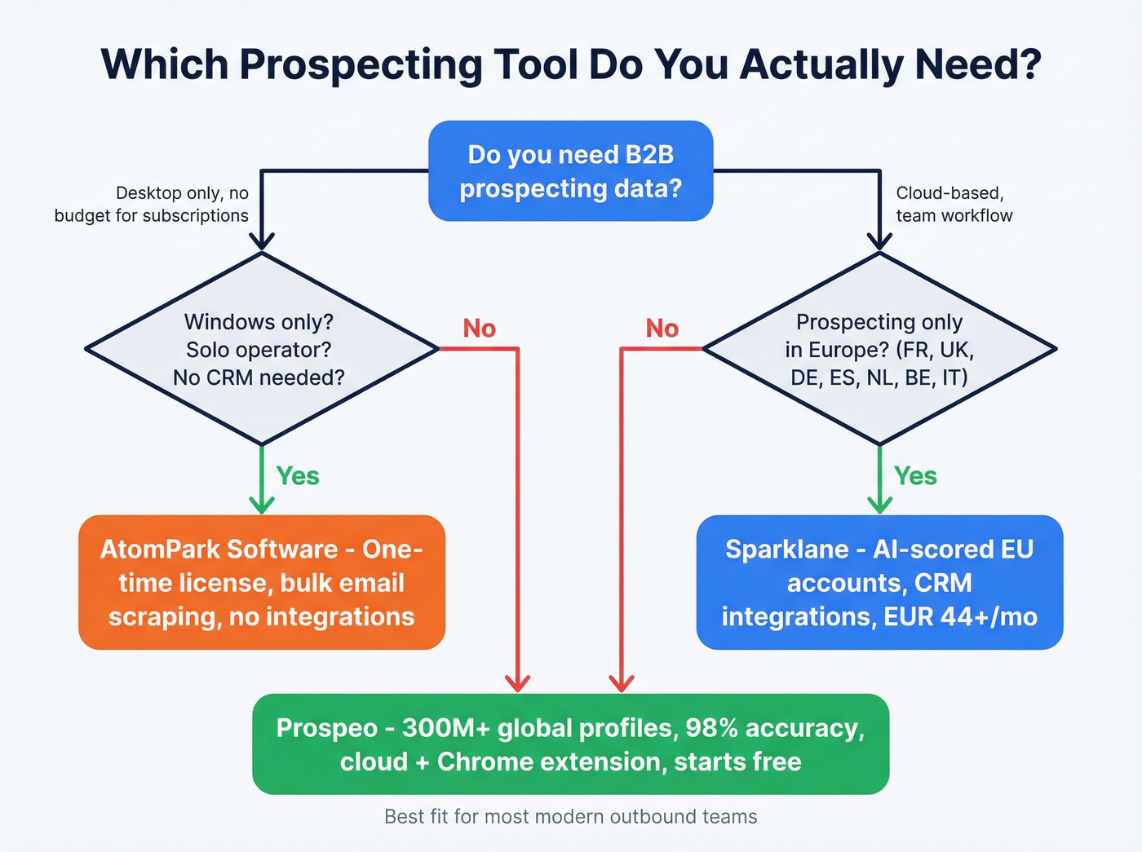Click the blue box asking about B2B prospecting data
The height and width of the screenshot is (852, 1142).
click(x=570, y=171)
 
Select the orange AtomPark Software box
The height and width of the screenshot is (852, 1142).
click(x=261, y=582)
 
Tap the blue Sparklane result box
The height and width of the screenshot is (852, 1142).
click(x=879, y=582)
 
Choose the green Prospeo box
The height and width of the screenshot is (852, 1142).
click(x=570, y=744)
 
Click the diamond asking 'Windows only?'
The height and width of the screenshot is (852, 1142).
click(x=261, y=349)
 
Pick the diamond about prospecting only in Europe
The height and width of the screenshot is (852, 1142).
click(x=879, y=349)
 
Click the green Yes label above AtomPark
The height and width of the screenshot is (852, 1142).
click(x=298, y=476)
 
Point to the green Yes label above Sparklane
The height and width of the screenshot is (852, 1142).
click(x=915, y=476)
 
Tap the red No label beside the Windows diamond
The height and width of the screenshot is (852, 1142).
click(x=479, y=329)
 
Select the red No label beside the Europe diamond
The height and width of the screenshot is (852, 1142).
click(x=662, y=329)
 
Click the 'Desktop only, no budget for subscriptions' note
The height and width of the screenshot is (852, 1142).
click(x=152, y=204)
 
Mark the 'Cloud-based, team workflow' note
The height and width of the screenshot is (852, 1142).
click(x=954, y=204)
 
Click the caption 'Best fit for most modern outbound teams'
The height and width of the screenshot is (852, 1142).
click(x=570, y=816)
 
